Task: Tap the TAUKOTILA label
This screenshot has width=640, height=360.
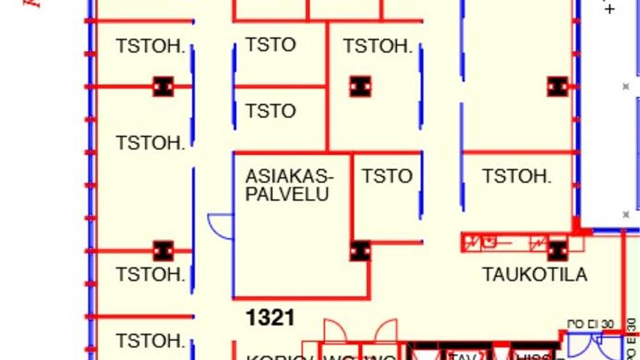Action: [534, 274]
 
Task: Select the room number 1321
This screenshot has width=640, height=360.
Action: [270, 318]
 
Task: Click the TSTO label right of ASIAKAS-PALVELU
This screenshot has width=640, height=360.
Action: [387, 176]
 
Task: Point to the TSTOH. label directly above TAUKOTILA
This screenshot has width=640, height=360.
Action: [516, 176]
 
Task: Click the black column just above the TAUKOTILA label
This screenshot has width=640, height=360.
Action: [557, 251]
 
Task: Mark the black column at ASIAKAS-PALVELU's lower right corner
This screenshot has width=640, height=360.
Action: [360, 251]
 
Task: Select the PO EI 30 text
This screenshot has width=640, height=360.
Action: [590, 324]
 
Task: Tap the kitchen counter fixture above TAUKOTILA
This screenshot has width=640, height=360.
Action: [504, 241]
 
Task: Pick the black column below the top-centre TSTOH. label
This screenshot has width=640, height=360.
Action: [360, 86]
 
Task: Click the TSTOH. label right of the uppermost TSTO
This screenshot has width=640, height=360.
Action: [377, 46]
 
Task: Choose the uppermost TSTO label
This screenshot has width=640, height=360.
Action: [270, 45]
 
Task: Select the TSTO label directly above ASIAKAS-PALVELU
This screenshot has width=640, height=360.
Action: [270, 111]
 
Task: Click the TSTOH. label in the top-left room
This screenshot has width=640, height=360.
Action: [150, 46]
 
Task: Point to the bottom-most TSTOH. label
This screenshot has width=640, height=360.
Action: [150, 341]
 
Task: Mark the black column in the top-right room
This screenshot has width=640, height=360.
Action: [557, 86]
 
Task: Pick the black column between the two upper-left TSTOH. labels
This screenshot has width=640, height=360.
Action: [163, 86]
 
